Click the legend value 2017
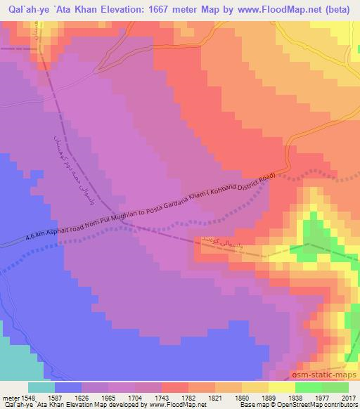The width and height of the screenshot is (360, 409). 349,397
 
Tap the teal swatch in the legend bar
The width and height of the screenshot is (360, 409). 41,387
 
